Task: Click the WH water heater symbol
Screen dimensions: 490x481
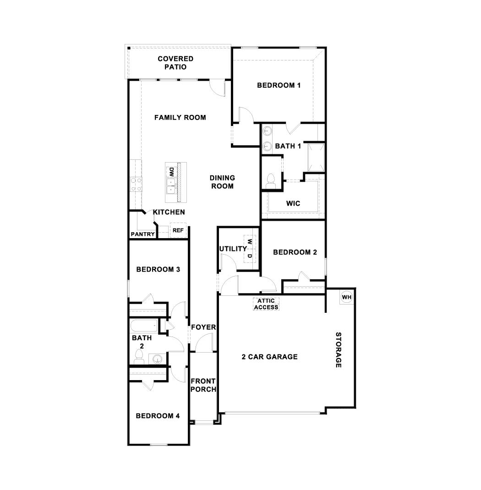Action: [x=346, y=297]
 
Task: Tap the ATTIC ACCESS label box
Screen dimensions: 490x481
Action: [x=266, y=304]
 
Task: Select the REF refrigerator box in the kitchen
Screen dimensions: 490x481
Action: [x=178, y=231]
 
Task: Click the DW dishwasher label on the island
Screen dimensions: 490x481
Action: [x=171, y=172]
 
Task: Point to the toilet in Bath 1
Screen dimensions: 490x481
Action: [x=270, y=180]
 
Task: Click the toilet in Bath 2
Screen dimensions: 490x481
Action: [x=138, y=356]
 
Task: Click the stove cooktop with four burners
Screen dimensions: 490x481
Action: [x=136, y=184]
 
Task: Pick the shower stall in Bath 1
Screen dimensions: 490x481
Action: [x=316, y=157]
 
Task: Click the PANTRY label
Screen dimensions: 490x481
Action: [x=142, y=234]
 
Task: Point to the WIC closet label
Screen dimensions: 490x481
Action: [x=293, y=203]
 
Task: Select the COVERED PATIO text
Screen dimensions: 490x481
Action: [x=175, y=63]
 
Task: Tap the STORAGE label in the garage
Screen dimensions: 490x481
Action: [x=339, y=350]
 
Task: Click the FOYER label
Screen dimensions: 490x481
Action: [x=203, y=327]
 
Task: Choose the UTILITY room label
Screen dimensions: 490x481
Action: [x=233, y=249]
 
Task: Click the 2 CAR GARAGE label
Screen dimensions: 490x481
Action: [x=269, y=357]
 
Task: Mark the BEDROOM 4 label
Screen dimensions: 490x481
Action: [x=158, y=416]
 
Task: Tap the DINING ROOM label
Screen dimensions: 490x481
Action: [x=222, y=182]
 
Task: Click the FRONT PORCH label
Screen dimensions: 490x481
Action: [x=203, y=385]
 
